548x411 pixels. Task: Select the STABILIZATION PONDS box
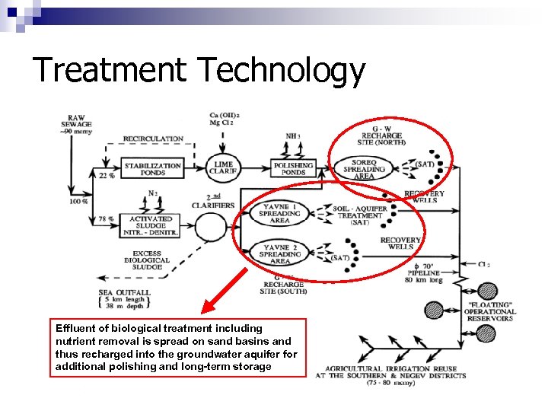tap(152, 169)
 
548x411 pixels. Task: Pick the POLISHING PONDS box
tap(293, 169)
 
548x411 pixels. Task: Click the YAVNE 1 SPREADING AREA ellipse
tap(281, 213)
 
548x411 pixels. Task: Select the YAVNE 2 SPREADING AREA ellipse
tap(281, 253)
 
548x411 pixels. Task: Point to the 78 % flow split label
tap(106, 219)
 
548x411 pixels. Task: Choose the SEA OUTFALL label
tap(124, 292)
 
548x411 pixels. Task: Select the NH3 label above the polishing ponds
tap(292, 137)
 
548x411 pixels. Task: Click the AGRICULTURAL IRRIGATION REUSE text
tap(390, 368)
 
